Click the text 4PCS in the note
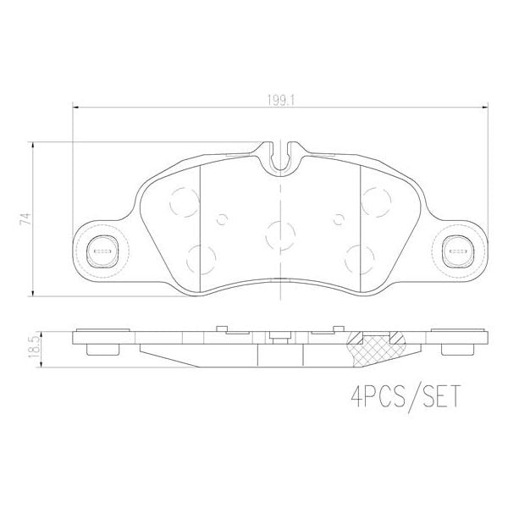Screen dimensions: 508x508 tap(374, 395)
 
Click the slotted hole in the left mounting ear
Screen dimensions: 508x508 tap(102, 250)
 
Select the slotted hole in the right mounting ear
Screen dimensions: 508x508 tap(457, 250)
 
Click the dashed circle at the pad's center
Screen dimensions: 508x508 tap(280, 235)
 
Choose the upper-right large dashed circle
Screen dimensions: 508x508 tap(374, 201)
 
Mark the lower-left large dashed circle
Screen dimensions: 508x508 tap(200, 257)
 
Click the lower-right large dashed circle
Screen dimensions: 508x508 tap(359, 257)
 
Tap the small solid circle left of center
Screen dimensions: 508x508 tap(222, 220)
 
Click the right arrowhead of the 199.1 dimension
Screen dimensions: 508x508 tap(487, 107)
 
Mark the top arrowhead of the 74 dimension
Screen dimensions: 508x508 tap(33, 146)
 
